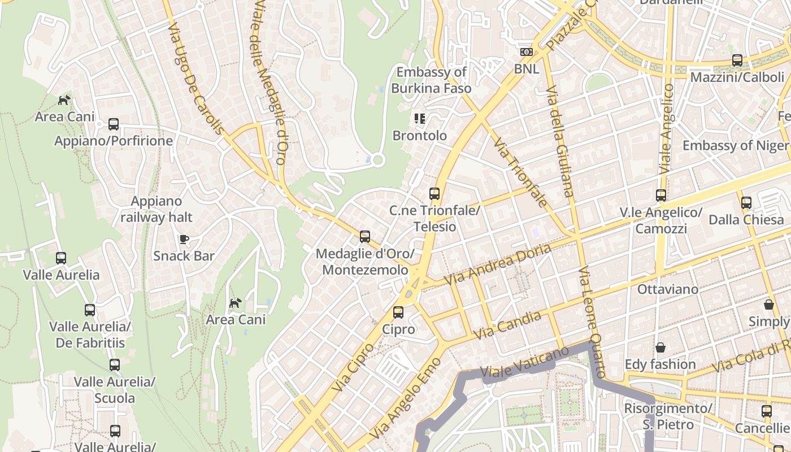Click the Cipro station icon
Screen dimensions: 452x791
[398, 312]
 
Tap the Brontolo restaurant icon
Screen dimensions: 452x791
[419, 118]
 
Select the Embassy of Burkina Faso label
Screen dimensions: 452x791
[431, 80]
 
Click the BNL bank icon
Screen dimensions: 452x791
[526, 52]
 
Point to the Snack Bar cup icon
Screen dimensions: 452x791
[184, 239]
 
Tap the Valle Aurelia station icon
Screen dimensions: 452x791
[61, 258]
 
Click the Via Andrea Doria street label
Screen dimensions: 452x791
[497, 264]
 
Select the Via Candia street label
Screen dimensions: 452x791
[507, 325]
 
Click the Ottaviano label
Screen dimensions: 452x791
[667, 289]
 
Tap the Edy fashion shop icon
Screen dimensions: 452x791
[660, 347]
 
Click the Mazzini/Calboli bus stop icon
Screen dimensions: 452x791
[737, 60]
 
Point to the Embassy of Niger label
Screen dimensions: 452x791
[735, 145]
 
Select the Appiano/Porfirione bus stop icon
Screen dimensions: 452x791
[114, 124]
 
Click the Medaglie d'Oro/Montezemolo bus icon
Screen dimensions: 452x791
[365, 237]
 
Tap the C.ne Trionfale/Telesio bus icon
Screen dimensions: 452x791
[434, 194]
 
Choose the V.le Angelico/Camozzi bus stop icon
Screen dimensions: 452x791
[660, 195]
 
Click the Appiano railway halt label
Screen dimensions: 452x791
[157, 209]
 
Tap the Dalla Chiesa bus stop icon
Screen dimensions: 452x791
[746, 202]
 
